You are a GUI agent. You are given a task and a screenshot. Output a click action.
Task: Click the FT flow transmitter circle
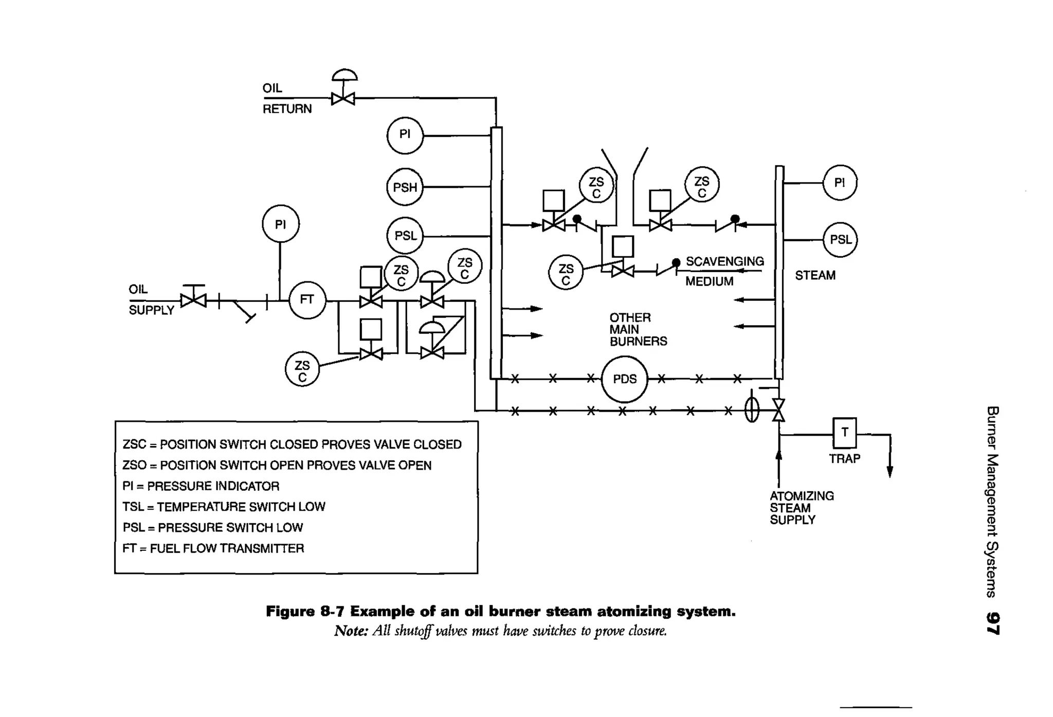tap(307, 300)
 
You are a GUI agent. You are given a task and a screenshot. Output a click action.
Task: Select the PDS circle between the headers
tap(624, 380)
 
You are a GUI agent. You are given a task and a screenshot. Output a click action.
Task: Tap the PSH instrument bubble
tap(405, 187)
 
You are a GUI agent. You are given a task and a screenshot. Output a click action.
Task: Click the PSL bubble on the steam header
tap(840, 240)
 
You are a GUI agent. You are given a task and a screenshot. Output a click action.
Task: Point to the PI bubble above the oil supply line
tap(280, 224)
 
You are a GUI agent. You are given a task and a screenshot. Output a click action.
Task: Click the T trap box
tap(844, 433)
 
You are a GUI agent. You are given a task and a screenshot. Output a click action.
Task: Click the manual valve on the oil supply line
tap(193, 300)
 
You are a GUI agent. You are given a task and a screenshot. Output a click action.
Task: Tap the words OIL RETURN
tap(286, 98)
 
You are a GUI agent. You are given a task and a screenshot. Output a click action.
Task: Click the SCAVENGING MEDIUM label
tap(723, 271)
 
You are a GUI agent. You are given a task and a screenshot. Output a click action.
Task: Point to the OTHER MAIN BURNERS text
tap(638, 329)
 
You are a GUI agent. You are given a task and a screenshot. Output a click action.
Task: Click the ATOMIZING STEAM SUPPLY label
tap(801, 508)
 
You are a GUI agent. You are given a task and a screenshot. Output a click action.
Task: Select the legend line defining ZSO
tap(277, 465)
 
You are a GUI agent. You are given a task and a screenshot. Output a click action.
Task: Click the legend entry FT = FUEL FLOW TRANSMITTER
tap(213, 548)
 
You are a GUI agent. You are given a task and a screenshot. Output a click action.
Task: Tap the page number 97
tap(992, 623)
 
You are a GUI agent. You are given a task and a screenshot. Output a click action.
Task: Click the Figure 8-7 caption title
tap(500, 612)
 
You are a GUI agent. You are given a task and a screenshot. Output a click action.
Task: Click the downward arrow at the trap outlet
tap(889, 471)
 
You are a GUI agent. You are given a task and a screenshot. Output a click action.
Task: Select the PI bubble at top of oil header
tap(405, 135)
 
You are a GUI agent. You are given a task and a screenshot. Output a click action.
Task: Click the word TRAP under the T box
tap(844, 458)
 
